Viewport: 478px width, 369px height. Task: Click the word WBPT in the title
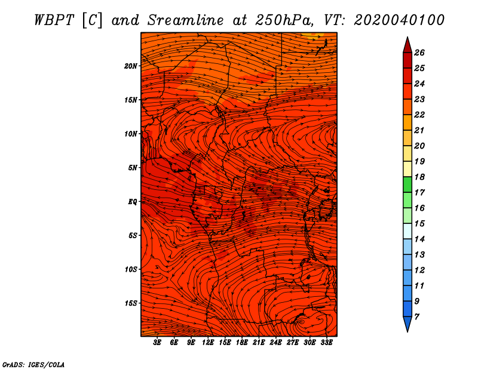click(54, 20)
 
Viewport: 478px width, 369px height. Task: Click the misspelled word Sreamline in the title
click(186, 20)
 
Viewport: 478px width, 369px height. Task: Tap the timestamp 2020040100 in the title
click(399, 20)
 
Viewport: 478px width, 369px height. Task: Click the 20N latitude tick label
click(131, 66)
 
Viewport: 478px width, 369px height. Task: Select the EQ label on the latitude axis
click(133, 202)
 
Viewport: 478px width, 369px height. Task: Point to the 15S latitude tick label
click(131, 303)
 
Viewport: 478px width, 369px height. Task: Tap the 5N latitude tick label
click(133, 168)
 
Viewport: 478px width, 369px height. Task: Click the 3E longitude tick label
click(157, 343)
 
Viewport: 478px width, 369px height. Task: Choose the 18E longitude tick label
click(242, 343)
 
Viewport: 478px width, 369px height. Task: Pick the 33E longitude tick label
click(326, 343)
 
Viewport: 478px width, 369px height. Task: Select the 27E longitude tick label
click(293, 343)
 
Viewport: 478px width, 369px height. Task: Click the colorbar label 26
click(419, 53)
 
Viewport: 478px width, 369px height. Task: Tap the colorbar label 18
click(419, 177)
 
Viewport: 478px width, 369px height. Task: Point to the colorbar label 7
click(416, 317)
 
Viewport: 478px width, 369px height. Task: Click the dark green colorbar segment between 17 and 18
click(407, 184)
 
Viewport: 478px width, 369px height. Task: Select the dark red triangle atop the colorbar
click(407, 46)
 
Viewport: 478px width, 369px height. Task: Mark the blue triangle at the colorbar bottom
click(407, 324)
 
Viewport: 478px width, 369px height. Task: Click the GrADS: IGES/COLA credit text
click(33, 365)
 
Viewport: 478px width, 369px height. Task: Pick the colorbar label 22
click(419, 115)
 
